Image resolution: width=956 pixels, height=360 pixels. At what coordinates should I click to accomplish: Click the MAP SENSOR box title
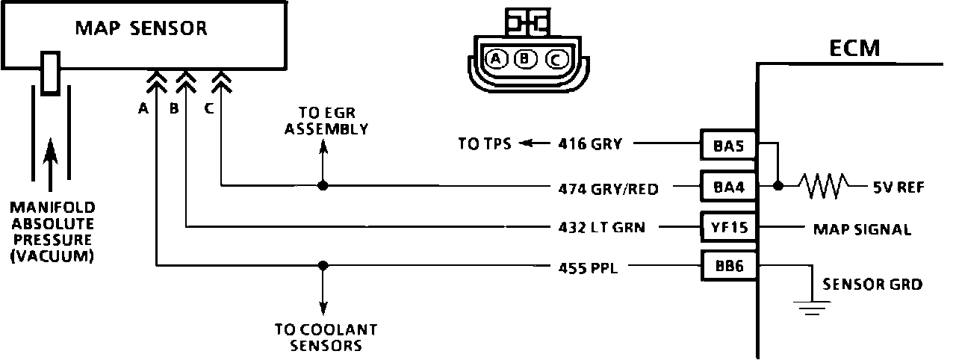pos(141,29)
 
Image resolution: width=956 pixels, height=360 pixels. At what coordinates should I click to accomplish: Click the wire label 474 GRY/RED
pos(609,189)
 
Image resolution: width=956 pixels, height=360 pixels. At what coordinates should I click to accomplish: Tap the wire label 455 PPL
pos(588,267)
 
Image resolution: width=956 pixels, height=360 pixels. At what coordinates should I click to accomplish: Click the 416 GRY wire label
pos(589,144)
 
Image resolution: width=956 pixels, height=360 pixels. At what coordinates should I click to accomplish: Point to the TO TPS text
pos(485,144)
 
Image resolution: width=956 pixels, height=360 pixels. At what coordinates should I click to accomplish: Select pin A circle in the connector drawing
pos(495,59)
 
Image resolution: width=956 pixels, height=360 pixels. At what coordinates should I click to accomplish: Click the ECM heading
pos(854,49)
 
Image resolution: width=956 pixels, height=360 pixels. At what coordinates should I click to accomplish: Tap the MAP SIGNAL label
pos(861,229)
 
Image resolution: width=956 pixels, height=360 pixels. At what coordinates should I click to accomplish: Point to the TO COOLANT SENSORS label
pos(325,337)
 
